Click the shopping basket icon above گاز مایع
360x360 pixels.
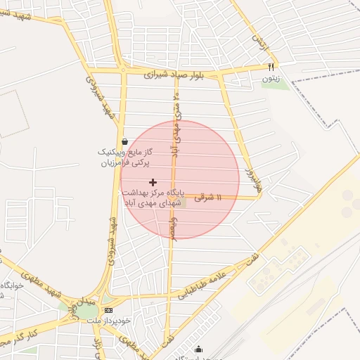pyautogui.click(x=124, y=141)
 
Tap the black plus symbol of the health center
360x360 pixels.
pyautogui.click(x=153, y=182)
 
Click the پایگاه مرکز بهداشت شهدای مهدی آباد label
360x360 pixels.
pyautogui.click(x=153, y=197)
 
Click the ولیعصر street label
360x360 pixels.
pyautogui.click(x=173, y=226)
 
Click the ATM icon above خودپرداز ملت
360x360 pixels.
pyautogui.click(x=108, y=310)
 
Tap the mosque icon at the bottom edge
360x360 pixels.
pyautogui.click(x=198, y=349)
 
